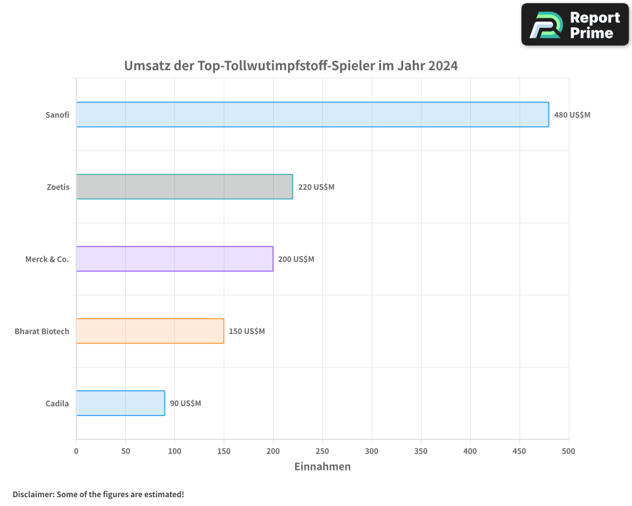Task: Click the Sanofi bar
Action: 312,114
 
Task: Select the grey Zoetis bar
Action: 185,187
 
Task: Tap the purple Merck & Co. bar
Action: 174,259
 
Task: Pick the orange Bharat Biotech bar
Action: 150,331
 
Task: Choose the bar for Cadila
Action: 120,403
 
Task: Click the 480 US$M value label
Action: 572,115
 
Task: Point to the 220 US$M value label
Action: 316,187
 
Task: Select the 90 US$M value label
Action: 185,404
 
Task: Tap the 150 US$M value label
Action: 246,331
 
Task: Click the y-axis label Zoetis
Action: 58,187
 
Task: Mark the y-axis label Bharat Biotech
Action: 42,331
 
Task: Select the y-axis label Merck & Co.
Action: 47,259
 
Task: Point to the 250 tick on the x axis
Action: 322,451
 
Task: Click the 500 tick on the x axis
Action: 569,451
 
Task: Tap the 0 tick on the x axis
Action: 76,451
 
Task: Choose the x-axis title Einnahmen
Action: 322,467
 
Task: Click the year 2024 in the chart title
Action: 442,66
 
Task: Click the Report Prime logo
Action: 575,25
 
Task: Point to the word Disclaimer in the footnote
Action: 32,494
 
